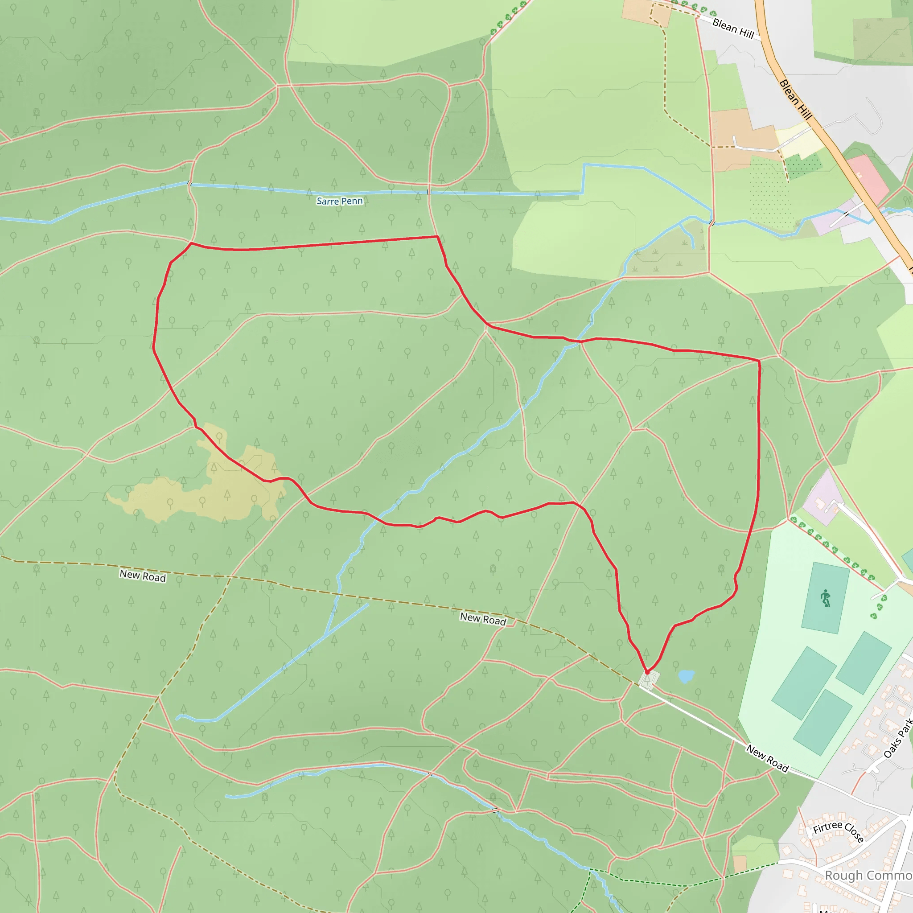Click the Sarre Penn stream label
click(339, 201)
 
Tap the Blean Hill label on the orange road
click(795, 100)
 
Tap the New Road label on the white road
click(768, 758)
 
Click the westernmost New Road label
click(142, 576)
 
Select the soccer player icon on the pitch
click(826, 598)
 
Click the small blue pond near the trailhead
click(686, 676)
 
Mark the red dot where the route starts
click(647, 672)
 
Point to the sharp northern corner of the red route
click(438, 236)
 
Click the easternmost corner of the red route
click(759, 361)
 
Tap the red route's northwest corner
click(191, 243)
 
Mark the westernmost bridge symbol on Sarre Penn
click(189, 183)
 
